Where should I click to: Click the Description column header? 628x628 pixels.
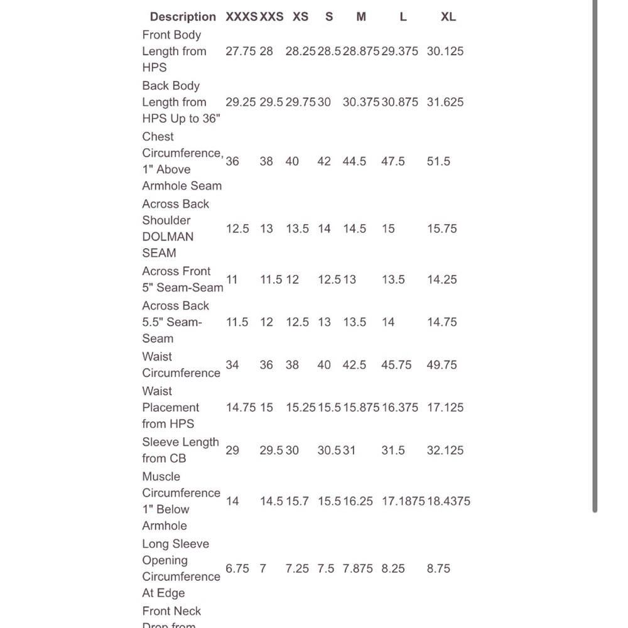click(183, 17)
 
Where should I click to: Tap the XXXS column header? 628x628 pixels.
click(241, 17)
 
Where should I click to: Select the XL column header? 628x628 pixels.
click(448, 17)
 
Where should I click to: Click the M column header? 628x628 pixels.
click(361, 17)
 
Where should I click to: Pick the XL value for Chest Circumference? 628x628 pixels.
click(438, 161)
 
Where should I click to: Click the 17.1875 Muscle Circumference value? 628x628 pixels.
click(403, 501)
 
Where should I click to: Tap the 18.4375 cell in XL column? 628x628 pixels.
click(448, 501)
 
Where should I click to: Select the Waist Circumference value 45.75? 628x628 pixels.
click(396, 365)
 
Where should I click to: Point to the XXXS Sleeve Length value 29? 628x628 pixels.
click(232, 450)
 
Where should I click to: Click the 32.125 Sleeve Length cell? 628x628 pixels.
click(445, 450)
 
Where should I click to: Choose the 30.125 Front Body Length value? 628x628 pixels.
click(445, 51)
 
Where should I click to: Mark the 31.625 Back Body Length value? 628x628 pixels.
click(445, 102)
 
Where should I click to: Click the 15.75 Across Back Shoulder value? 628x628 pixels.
click(442, 229)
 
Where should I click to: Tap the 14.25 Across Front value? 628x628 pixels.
click(442, 279)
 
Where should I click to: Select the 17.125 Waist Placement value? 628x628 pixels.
click(445, 408)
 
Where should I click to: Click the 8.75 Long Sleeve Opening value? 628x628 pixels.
click(438, 568)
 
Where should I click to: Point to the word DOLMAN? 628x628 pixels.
click(168, 237)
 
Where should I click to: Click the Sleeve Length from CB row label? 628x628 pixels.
click(180, 450)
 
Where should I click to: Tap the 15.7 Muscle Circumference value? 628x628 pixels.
click(298, 501)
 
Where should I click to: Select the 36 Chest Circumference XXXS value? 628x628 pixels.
click(232, 161)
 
